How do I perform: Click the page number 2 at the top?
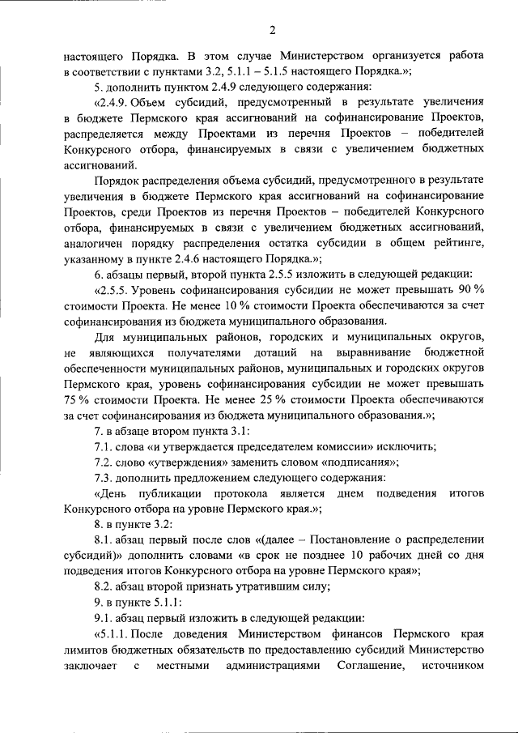273,31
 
